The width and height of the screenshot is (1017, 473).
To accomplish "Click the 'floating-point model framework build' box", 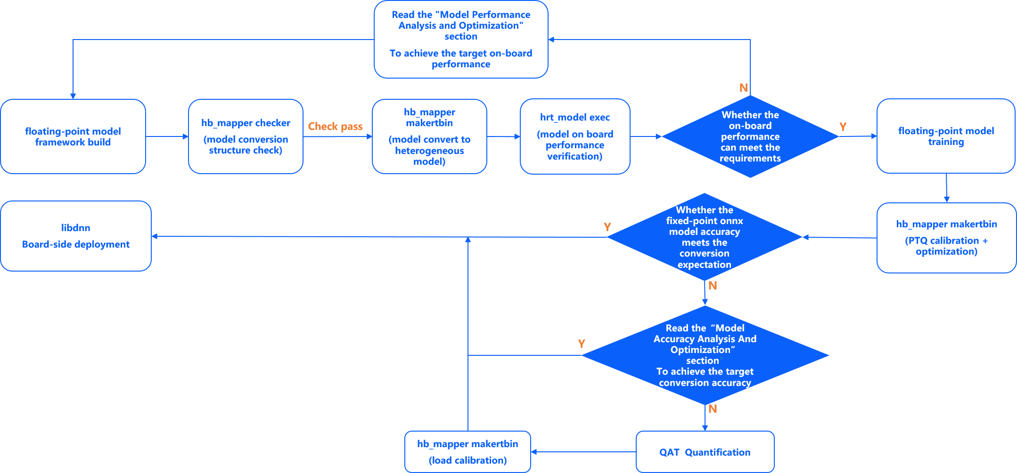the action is tap(73, 136).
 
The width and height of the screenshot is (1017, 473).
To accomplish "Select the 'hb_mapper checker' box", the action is tap(246, 136).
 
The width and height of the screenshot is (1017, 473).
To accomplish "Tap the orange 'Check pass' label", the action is tap(335, 126).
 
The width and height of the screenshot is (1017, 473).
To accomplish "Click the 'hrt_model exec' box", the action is tap(575, 136).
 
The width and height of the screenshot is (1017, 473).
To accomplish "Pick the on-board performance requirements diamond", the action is tap(750, 136).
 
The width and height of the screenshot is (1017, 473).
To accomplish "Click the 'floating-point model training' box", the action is tap(946, 136).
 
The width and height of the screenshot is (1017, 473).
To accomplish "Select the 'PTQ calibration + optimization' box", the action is tap(946, 238).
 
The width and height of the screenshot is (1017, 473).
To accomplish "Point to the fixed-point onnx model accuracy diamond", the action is tap(705, 237).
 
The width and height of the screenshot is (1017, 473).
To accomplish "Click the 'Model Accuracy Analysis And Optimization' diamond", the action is tap(705, 355).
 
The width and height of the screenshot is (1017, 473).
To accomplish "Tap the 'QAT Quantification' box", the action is tap(705, 452).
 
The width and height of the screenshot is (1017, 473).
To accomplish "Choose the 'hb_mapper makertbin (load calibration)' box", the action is tap(467, 452).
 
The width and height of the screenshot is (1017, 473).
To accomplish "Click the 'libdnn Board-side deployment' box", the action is tap(76, 236).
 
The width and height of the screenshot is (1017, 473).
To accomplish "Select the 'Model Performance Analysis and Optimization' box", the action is tap(461, 40).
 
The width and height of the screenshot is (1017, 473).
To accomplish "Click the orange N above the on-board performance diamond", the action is tap(744, 88).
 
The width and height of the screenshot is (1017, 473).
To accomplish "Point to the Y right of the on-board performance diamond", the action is tap(843, 127).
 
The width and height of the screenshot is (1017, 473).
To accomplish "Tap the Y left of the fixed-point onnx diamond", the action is tap(607, 227).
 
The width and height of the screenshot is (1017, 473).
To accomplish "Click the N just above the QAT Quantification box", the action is tap(713, 409).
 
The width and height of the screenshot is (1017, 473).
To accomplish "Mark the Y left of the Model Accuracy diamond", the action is tap(582, 344).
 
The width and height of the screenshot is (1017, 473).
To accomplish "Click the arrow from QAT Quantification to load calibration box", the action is tap(583, 452).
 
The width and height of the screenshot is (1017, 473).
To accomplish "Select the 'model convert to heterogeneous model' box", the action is tap(429, 136).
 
